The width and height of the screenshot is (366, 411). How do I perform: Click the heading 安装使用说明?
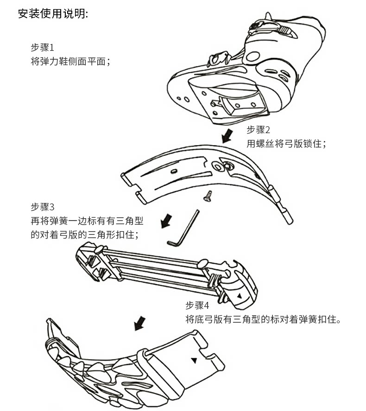[x=52, y=14]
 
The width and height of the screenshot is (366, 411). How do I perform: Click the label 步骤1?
[x=42, y=48]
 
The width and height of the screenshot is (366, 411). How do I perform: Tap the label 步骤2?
[x=258, y=130]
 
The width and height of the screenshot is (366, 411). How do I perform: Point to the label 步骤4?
[x=197, y=306]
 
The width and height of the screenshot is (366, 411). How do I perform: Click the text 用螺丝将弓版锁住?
[x=286, y=144]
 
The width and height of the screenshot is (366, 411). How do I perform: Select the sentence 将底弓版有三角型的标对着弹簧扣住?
[x=263, y=319]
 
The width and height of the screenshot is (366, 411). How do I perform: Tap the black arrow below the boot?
[x=227, y=136]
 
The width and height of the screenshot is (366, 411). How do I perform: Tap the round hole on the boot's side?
[x=252, y=57]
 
